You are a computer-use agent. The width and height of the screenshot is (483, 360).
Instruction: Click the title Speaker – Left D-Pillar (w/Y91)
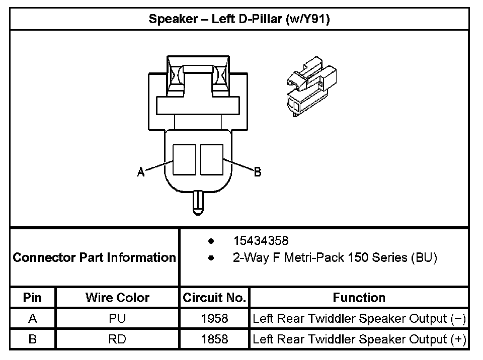pyautogui.click(x=239, y=20)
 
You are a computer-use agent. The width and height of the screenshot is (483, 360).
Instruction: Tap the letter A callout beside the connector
pyautogui.click(x=141, y=172)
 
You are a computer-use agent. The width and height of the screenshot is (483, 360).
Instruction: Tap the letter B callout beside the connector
pyautogui.click(x=257, y=172)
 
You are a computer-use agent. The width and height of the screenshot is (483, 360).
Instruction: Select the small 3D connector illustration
pyautogui.click(x=310, y=85)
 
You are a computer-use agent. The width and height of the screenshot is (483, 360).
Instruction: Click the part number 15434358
pyautogui.click(x=261, y=241)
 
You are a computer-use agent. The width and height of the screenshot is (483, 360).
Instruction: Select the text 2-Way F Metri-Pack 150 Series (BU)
pyautogui.click(x=335, y=258)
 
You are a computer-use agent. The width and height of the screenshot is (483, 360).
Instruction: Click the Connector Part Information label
pyautogui.click(x=94, y=258)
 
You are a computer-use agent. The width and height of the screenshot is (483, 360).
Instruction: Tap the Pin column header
pyautogui.click(x=33, y=298)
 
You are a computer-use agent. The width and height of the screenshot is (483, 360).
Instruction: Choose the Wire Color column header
pyautogui.click(x=117, y=298)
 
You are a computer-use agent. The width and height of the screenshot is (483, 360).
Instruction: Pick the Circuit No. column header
pyautogui.click(x=214, y=298)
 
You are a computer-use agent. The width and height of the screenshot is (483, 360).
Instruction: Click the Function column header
pyautogui.click(x=359, y=298)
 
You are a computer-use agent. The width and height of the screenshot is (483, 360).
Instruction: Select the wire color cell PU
pyautogui.click(x=117, y=319)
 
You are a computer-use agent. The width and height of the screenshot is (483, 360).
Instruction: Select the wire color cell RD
pyautogui.click(x=117, y=339)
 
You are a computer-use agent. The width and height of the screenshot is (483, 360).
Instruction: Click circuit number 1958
pyautogui.click(x=214, y=319)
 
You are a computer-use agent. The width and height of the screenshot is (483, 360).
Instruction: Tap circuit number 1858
pyautogui.click(x=214, y=339)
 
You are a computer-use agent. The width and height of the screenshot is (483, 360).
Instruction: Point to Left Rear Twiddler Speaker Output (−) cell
pyautogui.click(x=359, y=319)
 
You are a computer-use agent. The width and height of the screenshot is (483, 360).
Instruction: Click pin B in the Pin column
pyautogui.click(x=33, y=339)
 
